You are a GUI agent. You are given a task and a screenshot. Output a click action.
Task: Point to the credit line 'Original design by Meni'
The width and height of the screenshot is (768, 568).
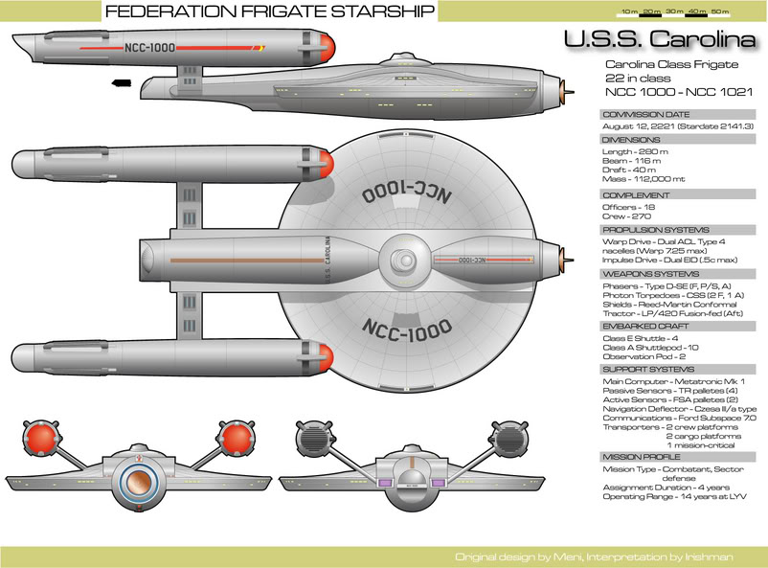point(514,557)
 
